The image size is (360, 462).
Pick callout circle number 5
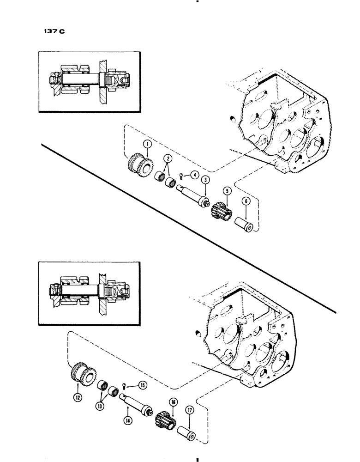point(226,189)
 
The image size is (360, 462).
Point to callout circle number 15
point(142,385)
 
